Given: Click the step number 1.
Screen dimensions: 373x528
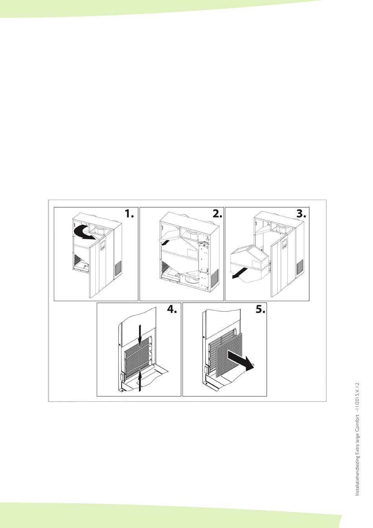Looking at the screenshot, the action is [x=129, y=214].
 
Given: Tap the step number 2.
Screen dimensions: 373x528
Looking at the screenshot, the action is [x=217, y=214].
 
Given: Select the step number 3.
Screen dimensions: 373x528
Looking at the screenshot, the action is [x=301, y=214].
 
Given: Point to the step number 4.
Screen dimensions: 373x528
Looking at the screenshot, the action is [x=172, y=309].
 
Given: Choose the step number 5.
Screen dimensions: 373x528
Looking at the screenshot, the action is [x=261, y=309].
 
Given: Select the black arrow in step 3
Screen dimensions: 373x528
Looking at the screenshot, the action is [x=240, y=273].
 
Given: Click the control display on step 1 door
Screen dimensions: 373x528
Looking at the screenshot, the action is [x=103, y=245].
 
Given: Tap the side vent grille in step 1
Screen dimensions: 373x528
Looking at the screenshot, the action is [x=118, y=268].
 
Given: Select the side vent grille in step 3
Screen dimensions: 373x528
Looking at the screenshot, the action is [x=300, y=267].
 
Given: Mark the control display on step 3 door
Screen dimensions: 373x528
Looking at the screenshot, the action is [x=284, y=244].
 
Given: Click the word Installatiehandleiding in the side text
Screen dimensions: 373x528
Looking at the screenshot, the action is [x=357, y=476].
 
